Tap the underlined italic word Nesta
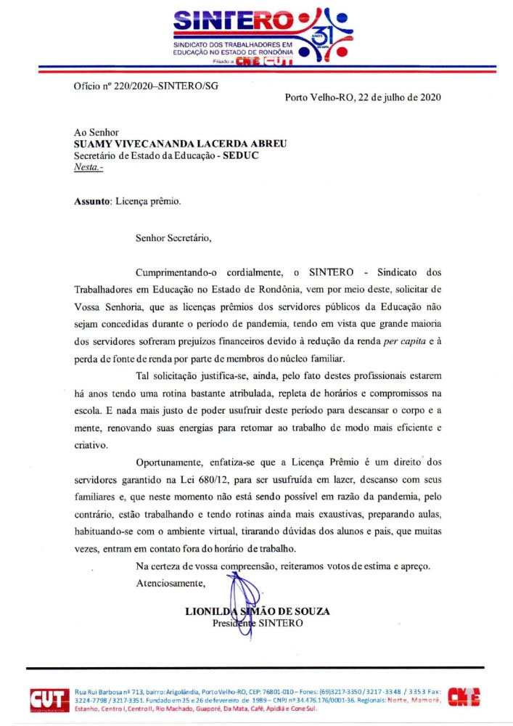tap(88, 167)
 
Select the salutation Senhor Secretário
tap(173, 237)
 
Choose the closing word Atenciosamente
tap(171, 582)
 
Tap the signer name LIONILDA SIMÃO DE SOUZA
tap(258, 611)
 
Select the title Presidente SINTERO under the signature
tap(258, 623)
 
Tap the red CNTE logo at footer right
tap(464, 698)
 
